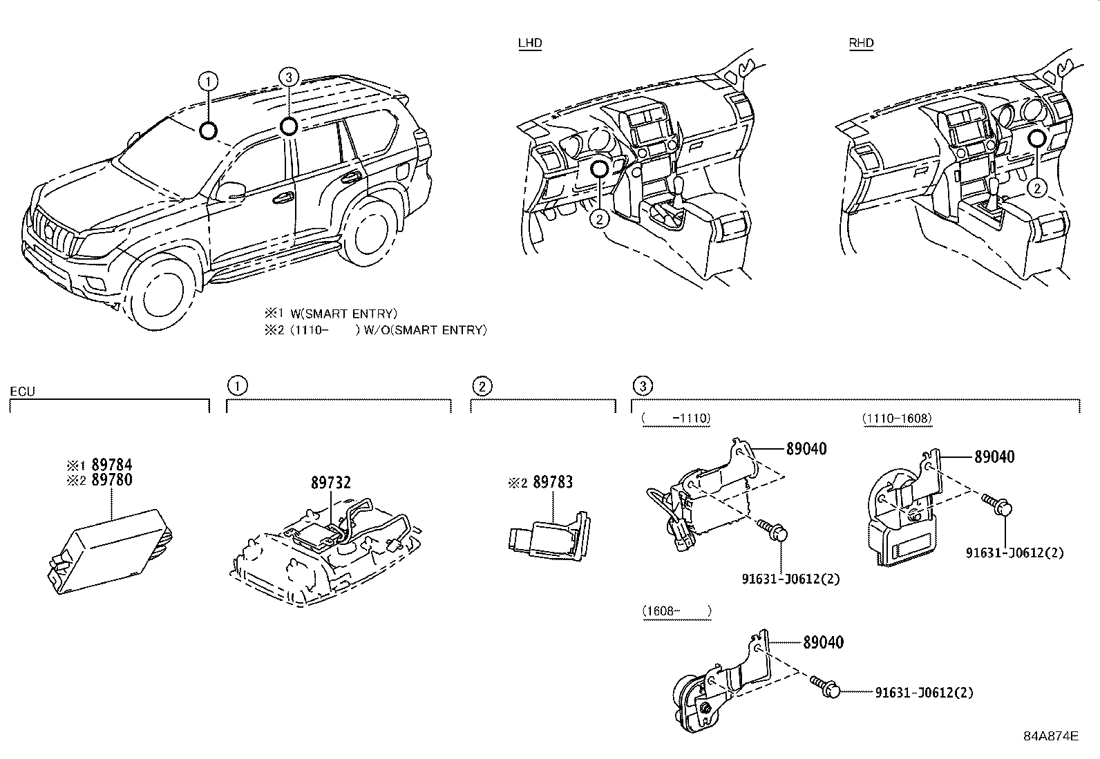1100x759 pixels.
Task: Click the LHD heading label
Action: (530, 43)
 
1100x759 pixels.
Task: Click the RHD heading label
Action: (861, 43)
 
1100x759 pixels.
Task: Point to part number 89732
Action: (330, 483)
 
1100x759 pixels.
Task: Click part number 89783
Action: (553, 482)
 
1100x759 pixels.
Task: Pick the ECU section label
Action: (22, 392)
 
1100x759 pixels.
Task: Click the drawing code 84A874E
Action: (1051, 736)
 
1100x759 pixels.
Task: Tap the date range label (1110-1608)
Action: (897, 418)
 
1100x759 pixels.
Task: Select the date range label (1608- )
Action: (676, 611)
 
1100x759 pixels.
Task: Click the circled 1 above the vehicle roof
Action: (208, 81)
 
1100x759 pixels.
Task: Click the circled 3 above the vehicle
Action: (289, 76)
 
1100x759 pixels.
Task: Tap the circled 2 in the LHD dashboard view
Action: (600, 219)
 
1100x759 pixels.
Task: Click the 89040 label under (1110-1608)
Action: (994, 457)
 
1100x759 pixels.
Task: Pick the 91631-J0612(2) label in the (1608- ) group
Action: (924, 692)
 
